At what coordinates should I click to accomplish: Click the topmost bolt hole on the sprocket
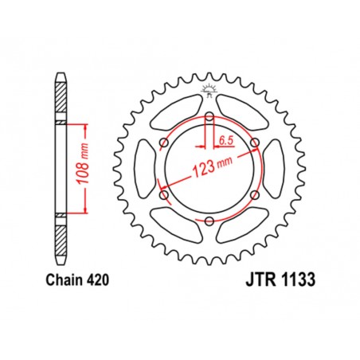[x=209, y=117]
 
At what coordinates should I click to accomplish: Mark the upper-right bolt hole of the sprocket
[x=255, y=143]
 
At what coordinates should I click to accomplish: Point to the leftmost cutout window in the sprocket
[x=146, y=169]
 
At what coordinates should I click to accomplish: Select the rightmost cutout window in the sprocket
[x=272, y=169]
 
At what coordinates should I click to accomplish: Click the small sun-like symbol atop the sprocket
[x=209, y=88]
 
